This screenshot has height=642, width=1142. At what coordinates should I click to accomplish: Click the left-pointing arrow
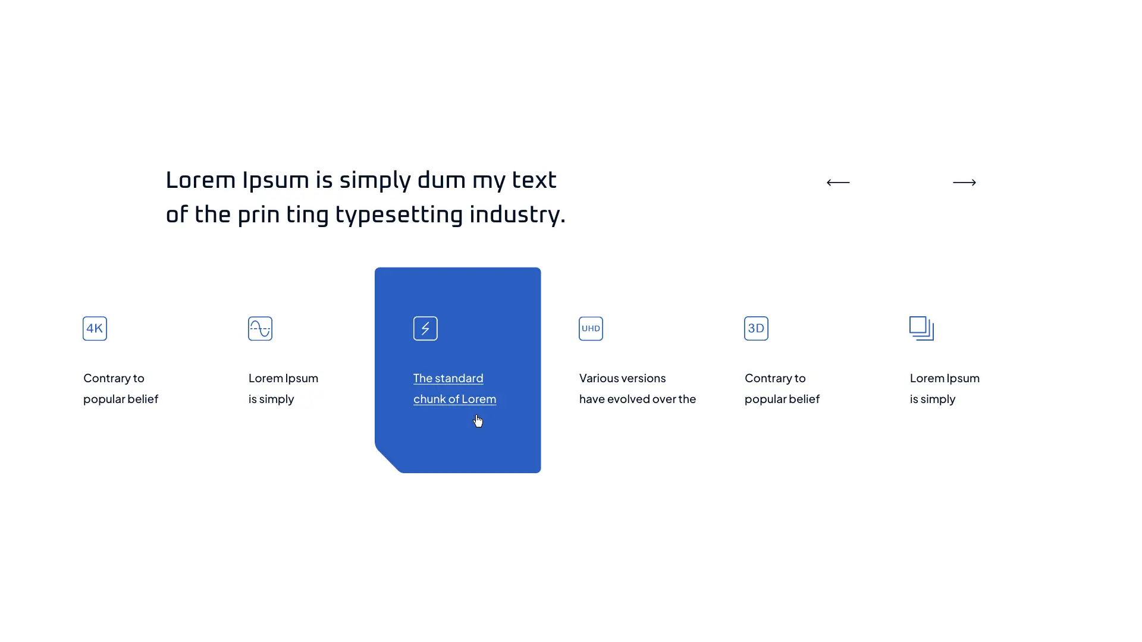pyautogui.click(x=838, y=182)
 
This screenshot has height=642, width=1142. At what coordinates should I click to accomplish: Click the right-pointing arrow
pyautogui.click(x=964, y=182)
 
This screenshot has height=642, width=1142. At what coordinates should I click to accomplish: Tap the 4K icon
pyautogui.click(x=95, y=329)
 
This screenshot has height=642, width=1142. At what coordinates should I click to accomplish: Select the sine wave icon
pyautogui.click(x=260, y=329)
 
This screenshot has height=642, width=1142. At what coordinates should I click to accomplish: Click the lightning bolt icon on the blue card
pyautogui.click(x=425, y=329)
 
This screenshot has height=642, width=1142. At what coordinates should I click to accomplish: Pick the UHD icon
pyautogui.click(x=591, y=329)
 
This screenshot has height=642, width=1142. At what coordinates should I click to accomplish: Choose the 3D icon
pyautogui.click(x=756, y=329)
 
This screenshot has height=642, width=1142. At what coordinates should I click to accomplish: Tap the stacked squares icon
pyautogui.click(x=921, y=329)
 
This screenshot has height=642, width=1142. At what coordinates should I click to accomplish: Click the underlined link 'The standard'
pyautogui.click(x=448, y=379)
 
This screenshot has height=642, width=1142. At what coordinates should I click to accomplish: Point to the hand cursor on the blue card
pyautogui.click(x=478, y=421)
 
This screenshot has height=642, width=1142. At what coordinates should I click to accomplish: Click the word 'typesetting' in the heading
pyautogui.click(x=399, y=215)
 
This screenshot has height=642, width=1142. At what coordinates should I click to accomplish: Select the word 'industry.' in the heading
pyautogui.click(x=517, y=215)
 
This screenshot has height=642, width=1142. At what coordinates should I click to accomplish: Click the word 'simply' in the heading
pyautogui.click(x=375, y=181)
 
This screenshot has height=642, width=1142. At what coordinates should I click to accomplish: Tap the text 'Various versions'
pyautogui.click(x=623, y=379)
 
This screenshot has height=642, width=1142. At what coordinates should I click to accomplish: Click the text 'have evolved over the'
pyautogui.click(x=638, y=399)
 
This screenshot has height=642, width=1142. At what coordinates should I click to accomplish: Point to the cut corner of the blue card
pyautogui.click(x=388, y=460)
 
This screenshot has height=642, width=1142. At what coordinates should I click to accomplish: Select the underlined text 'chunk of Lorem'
pyautogui.click(x=455, y=399)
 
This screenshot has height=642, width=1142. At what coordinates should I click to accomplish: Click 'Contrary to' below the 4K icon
pyautogui.click(x=114, y=379)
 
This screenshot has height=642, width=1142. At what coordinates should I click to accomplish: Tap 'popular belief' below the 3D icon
pyautogui.click(x=782, y=399)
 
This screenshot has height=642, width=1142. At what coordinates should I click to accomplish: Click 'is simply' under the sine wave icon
pyautogui.click(x=271, y=399)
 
